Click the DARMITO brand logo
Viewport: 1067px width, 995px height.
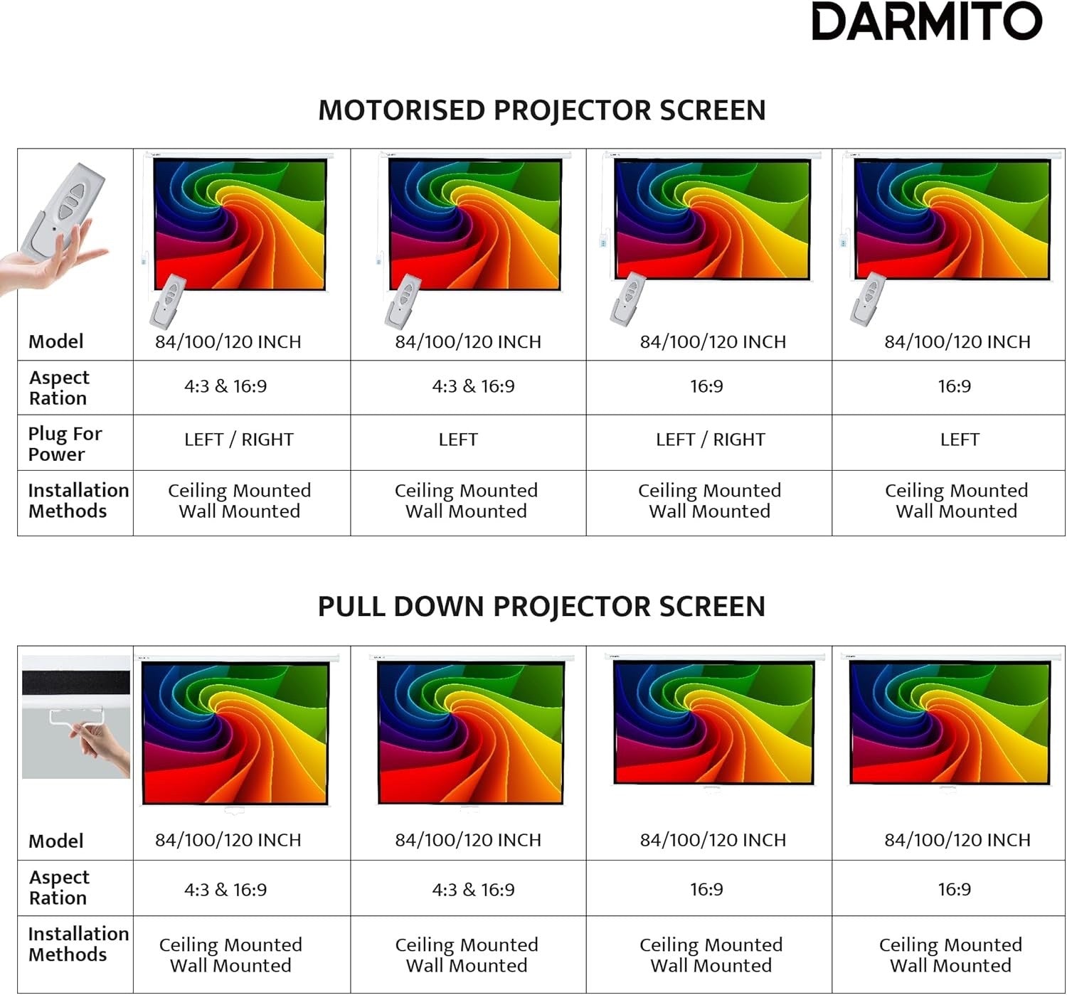coord(926,22)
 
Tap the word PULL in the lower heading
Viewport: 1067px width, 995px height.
coord(351,607)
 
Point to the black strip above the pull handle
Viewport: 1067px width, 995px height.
coord(76,683)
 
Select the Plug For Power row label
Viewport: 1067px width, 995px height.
coord(65,444)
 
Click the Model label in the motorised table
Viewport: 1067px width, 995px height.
coord(55,341)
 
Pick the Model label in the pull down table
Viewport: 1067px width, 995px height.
coord(55,841)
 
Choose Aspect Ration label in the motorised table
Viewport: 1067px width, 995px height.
coord(59,388)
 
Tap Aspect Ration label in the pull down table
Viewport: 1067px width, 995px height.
coord(59,888)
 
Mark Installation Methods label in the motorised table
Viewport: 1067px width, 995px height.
coord(78,501)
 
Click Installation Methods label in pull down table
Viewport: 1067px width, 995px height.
coord(78,944)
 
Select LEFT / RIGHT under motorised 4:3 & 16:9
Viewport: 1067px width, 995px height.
coord(238,440)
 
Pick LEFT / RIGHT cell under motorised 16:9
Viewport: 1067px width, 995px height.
coord(710,440)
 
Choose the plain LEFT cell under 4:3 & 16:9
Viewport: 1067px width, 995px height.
coord(458,440)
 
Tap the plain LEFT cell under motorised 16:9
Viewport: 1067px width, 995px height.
coord(959,440)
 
